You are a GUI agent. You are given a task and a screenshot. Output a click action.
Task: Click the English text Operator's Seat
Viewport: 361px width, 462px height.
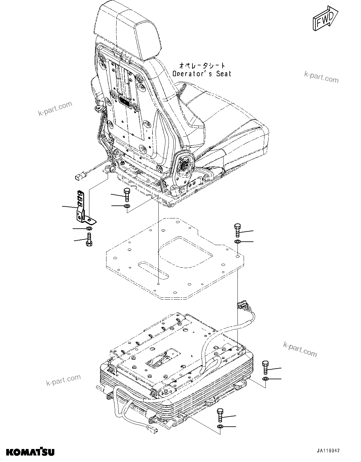[x=202, y=74]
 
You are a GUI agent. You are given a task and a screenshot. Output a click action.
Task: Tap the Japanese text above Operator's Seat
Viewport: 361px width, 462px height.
[x=202, y=65]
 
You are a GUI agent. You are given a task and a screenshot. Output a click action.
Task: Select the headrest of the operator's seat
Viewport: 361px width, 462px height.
[x=129, y=31]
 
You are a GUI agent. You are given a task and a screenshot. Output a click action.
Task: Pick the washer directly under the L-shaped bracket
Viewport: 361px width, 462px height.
[x=89, y=229]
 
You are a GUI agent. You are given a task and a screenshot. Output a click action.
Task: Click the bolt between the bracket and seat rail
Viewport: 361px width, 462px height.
[x=127, y=195]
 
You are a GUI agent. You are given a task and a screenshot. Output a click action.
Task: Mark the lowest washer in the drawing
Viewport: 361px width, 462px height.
[x=220, y=427]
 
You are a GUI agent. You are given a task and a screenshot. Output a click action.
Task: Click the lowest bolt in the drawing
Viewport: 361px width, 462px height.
[x=220, y=415]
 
